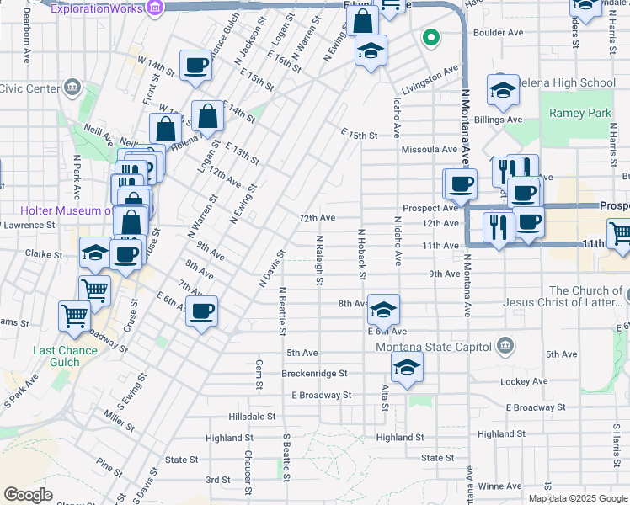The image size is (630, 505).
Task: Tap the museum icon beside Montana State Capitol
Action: (x=505, y=344)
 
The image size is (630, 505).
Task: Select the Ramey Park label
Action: (x=579, y=113)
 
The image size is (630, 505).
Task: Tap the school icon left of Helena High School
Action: (x=503, y=92)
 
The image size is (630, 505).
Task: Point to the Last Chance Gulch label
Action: (x=56, y=356)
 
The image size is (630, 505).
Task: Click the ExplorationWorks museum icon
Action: (x=154, y=8)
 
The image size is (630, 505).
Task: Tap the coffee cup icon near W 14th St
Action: (x=195, y=66)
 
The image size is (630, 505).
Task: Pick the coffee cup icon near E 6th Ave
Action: (x=202, y=311)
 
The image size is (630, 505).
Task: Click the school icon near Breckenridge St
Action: (x=407, y=367)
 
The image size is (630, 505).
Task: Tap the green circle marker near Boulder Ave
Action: (x=430, y=38)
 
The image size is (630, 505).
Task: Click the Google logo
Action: (x=28, y=494)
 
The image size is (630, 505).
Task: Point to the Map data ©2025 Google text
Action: (x=578, y=497)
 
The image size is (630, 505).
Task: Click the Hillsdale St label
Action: (x=252, y=417)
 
